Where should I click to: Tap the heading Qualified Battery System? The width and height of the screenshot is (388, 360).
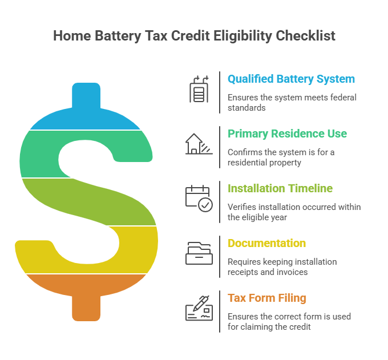(291, 79)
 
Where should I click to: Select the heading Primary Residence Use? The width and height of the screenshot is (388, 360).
(287, 134)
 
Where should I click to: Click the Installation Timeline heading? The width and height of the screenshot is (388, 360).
(280, 188)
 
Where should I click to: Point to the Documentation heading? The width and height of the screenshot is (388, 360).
(266, 243)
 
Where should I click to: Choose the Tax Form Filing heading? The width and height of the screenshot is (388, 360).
(267, 298)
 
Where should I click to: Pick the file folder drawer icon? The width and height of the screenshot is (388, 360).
(199, 253)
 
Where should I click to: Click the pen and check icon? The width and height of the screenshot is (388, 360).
(199, 308)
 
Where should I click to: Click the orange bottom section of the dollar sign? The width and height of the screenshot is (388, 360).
(86, 291)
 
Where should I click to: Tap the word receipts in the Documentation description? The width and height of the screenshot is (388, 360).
(244, 272)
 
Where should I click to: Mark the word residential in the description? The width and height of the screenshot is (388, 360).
(251, 163)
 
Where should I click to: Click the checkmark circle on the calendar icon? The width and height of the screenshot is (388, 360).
(205, 205)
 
